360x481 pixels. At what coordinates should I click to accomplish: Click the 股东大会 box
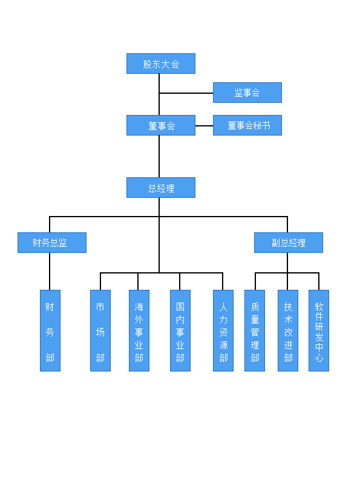coord(161,64)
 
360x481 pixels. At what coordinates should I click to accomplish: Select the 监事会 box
coord(247,93)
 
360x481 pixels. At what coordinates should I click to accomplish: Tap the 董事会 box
coord(161,125)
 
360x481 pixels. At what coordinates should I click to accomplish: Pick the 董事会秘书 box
coord(247,125)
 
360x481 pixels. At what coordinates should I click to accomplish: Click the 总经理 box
coord(161,188)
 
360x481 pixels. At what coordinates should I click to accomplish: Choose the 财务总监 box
coord(52,243)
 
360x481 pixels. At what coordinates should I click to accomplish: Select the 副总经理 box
coord(288,243)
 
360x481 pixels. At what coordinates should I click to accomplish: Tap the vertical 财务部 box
coord(50,330)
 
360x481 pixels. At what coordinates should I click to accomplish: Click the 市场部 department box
coord(100,330)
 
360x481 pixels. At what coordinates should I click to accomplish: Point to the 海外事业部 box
coord(139,330)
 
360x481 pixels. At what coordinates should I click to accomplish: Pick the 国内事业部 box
coord(180,330)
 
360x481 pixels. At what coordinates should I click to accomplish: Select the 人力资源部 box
coord(223,330)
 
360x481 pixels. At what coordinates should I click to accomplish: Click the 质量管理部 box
coord(255,330)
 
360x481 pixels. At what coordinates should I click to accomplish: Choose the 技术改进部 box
coord(287,330)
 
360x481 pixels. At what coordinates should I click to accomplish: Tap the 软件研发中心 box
coord(319,330)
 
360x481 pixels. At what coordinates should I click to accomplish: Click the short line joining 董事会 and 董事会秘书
coord(205,126)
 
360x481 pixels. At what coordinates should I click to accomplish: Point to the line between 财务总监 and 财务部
coord(50,271)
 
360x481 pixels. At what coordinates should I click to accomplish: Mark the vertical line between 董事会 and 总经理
coord(159,156)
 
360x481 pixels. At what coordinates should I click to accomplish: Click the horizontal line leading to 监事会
coord(186,93)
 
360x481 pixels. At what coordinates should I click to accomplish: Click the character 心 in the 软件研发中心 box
coord(319,358)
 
